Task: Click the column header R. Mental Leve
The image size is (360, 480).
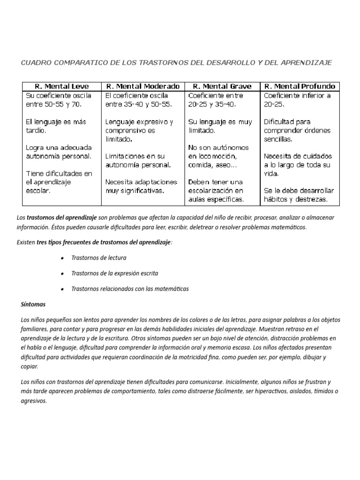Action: point(62,86)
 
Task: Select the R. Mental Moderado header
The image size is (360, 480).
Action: point(143,86)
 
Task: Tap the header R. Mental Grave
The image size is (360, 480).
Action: point(222,86)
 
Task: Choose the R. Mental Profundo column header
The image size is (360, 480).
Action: point(300,86)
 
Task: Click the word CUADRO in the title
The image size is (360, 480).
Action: point(37,62)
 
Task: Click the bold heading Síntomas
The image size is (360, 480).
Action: point(33,304)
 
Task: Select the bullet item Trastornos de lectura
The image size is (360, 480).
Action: point(98,258)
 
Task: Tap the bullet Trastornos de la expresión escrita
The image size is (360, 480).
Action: point(114,273)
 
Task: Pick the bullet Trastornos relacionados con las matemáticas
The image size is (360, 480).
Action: point(130,289)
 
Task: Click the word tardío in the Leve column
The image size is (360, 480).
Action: point(36,130)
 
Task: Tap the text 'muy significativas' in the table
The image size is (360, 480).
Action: point(135,191)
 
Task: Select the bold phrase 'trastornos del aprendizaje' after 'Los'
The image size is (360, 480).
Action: point(62,218)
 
